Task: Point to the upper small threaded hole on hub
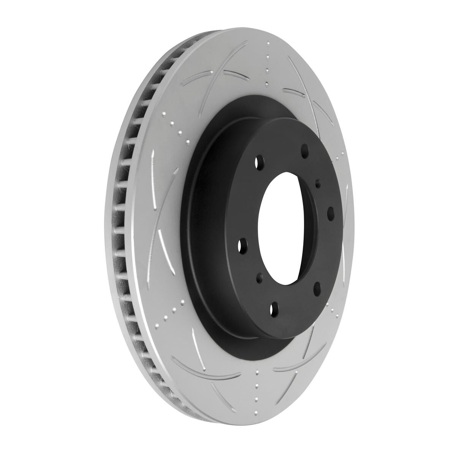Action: [318, 184]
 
